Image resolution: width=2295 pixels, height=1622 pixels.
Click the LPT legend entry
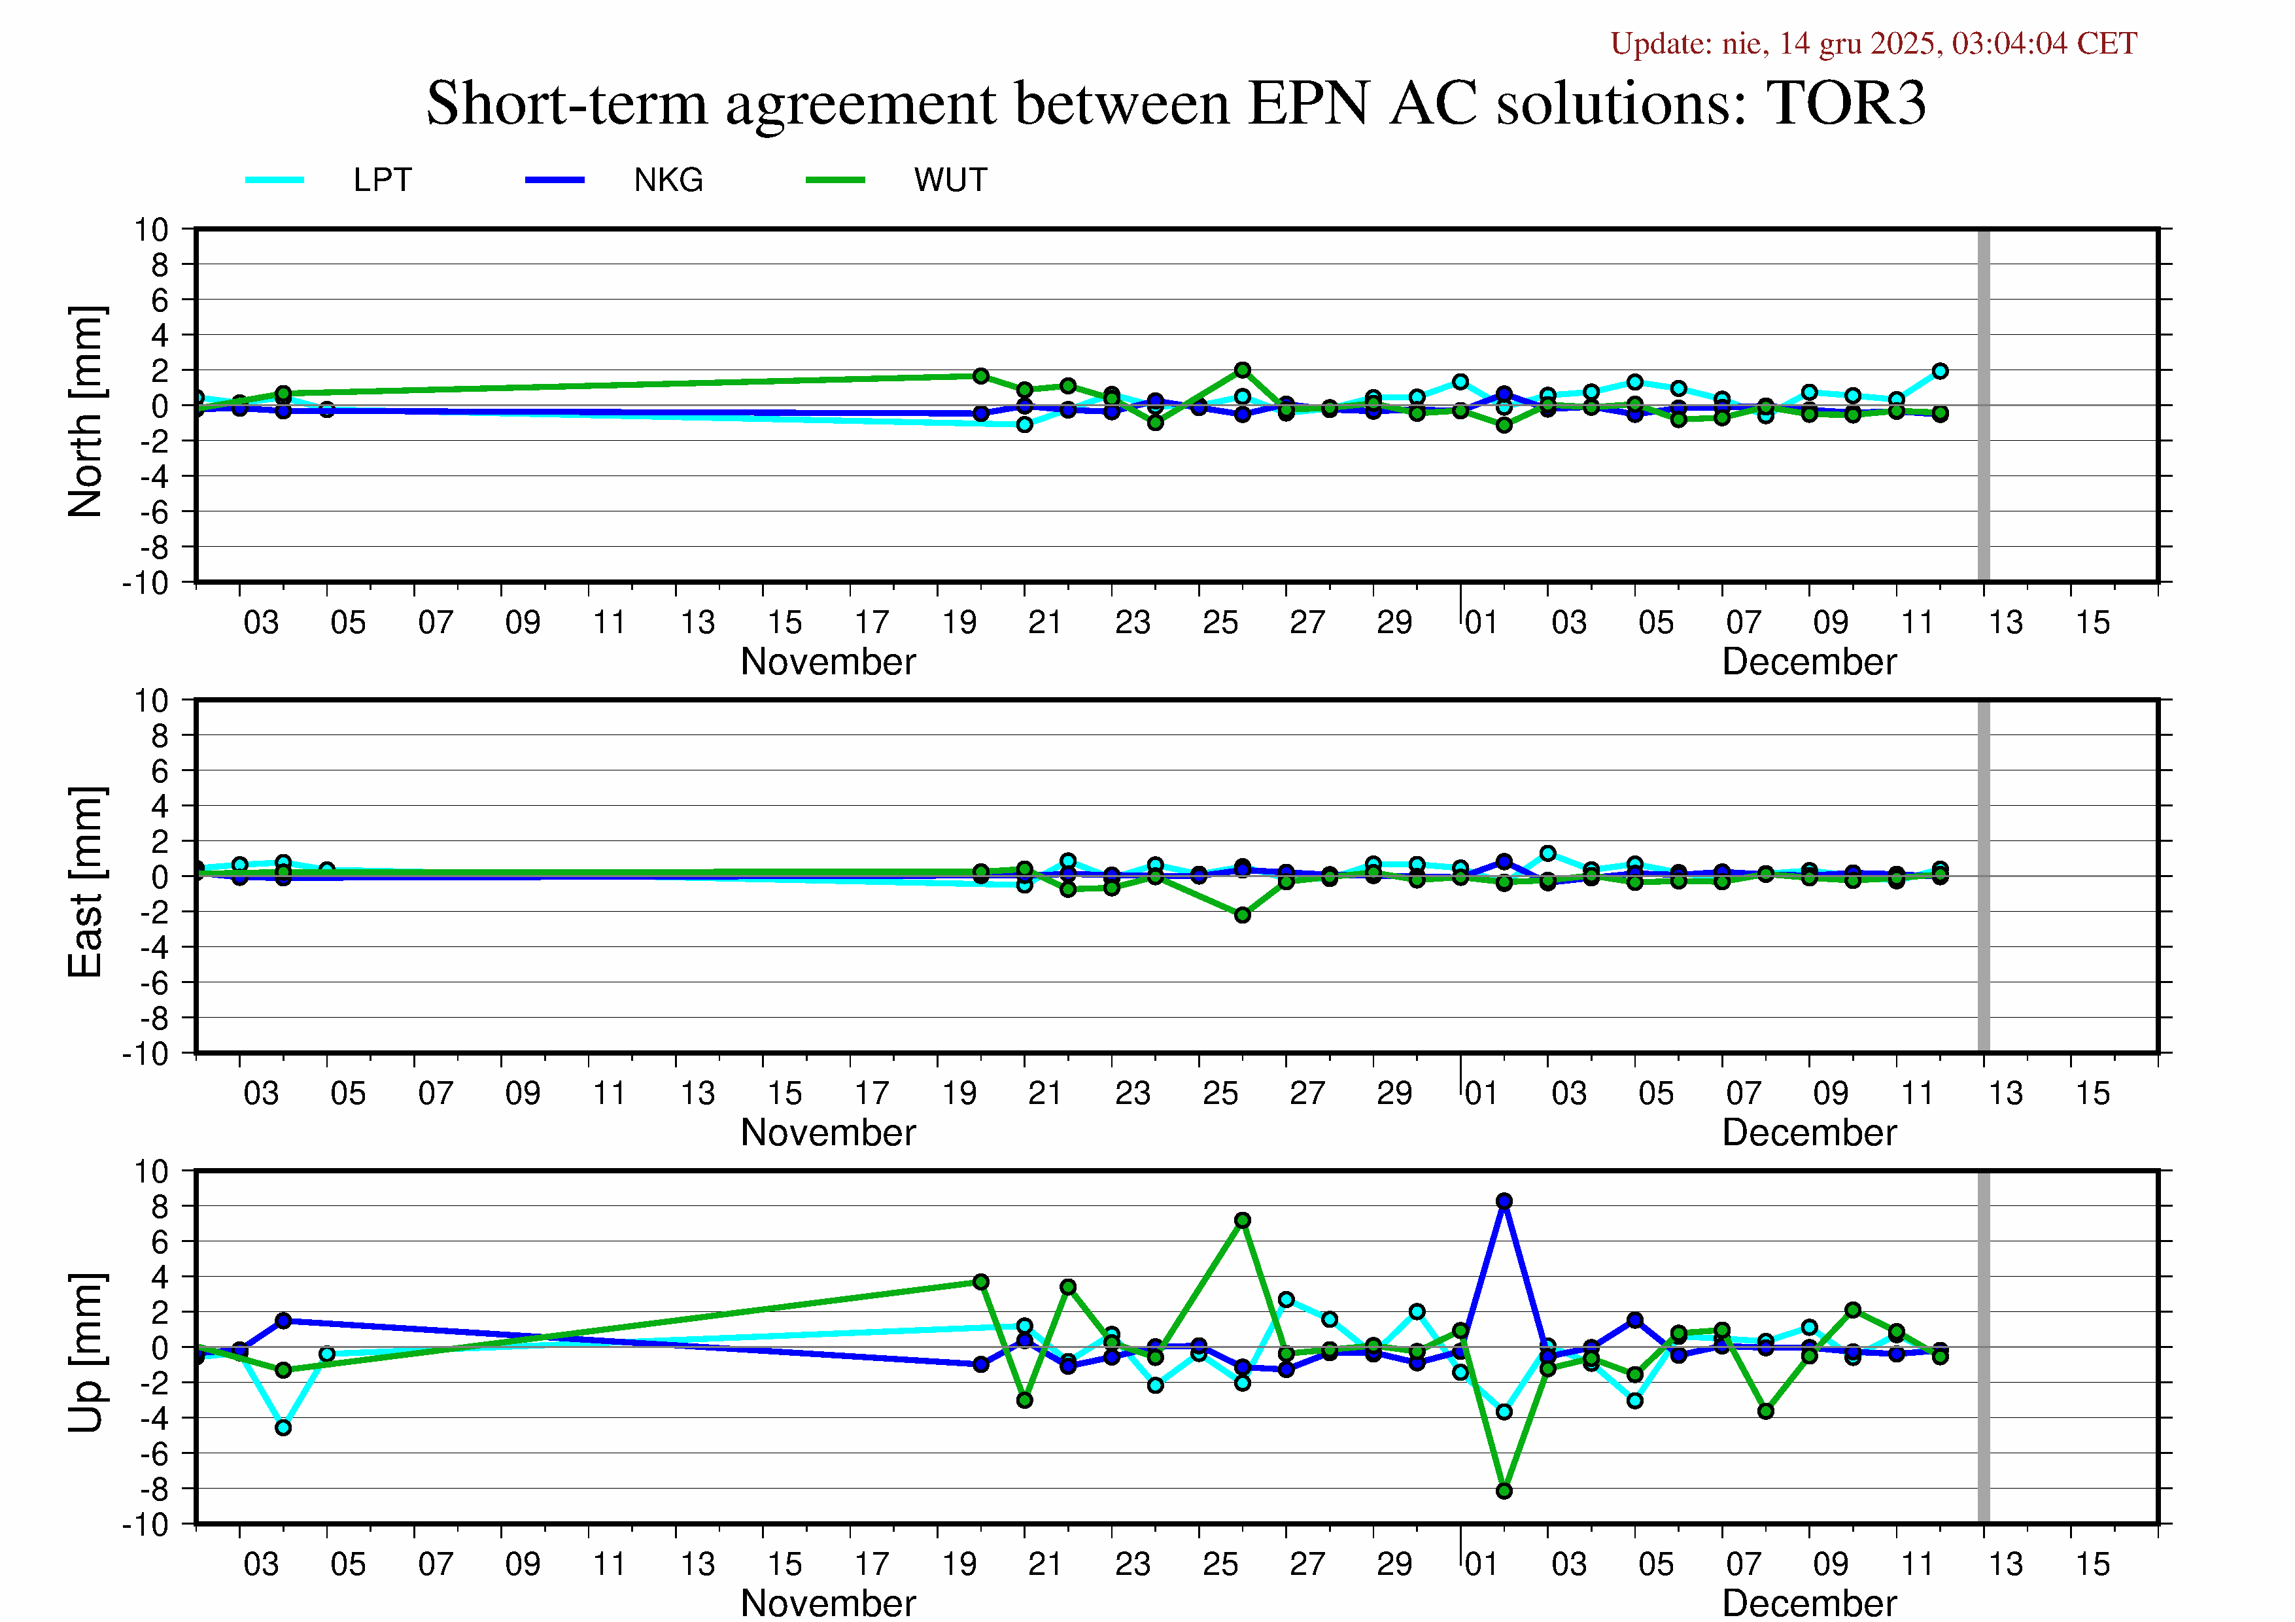coord(382,180)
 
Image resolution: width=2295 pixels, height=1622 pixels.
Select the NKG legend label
coord(668,180)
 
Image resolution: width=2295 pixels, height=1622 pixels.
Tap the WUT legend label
coord(950,180)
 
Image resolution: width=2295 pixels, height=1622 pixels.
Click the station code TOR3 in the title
coord(1845,103)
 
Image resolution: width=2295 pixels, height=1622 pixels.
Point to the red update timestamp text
coord(1873,44)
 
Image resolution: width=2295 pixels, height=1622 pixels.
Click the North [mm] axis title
coord(86,412)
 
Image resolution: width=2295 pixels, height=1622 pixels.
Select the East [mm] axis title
coord(86,882)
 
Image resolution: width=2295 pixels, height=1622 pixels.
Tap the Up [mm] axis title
coord(86,1352)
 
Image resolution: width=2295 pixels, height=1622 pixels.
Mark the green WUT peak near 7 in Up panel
coord(1243,1220)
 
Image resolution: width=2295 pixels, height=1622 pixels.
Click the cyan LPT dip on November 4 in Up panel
coord(283,1428)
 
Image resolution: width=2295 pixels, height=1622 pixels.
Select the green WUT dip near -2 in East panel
coord(1243,916)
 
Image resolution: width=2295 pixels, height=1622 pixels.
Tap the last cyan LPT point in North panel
coord(1940,371)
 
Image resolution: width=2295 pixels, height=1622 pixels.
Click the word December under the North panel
coord(1808,662)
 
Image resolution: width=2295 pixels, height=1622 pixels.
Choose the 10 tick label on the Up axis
coord(152,1171)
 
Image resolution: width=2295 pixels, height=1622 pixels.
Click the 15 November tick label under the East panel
coord(785,1094)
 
